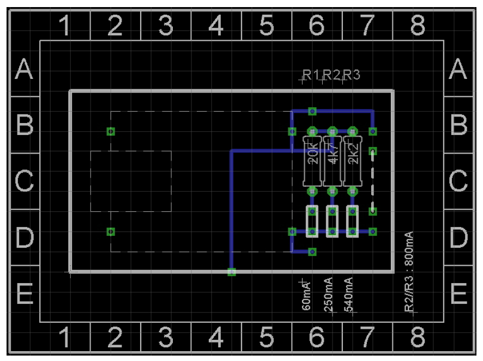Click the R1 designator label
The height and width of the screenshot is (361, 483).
tap(311, 75)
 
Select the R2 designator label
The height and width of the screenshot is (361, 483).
tap(331, 75)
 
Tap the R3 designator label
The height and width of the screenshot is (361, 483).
tap(352, 75)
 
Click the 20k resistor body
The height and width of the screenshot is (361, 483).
tap(312, 161)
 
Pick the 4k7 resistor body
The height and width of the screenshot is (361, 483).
tap(333, 161)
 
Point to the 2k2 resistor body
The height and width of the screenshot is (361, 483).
tap(353, 161)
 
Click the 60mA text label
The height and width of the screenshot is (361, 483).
tap(306, 296)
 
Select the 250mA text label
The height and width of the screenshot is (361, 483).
tap(328, 294)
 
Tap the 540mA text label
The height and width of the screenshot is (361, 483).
tap(348, 294)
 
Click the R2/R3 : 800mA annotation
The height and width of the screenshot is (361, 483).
tap(409, 272)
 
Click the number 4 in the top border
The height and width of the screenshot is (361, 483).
tap(216, 25)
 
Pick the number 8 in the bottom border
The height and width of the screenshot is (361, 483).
tap(418, 337)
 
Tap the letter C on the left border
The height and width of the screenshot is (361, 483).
tap(24, 181)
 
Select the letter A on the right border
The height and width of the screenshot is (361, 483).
tap(458, 69)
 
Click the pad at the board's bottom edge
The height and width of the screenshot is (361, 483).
tap(232, 272)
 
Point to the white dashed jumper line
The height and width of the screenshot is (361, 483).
tap(373, 181)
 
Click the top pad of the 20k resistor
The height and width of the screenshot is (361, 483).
tap(312, 132)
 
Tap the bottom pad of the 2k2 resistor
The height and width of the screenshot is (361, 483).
tap(353, 192)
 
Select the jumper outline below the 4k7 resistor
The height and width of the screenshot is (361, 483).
tap(333, 221)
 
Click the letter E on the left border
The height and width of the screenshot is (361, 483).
tap(25, 293)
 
